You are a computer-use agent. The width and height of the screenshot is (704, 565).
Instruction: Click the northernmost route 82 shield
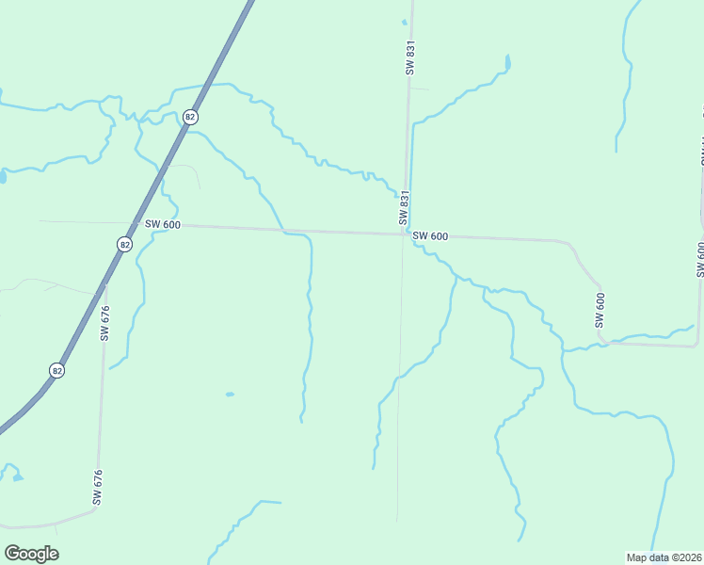coord(191,117)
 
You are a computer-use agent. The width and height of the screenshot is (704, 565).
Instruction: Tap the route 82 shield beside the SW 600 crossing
coord(125,244)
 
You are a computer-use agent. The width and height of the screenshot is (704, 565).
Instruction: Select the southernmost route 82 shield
coord(58,371)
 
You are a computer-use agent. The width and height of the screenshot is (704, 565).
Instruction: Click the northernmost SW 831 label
coord(410,57)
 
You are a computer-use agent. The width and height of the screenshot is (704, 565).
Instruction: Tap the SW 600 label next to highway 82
coord(162,225)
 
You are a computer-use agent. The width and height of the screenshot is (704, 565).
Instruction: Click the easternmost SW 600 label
coord(699,259)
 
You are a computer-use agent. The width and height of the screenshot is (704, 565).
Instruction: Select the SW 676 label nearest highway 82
coord(104,322)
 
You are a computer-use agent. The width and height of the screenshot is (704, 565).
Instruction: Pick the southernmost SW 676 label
coord(97,487)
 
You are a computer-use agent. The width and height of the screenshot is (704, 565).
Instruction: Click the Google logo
coord(31,554)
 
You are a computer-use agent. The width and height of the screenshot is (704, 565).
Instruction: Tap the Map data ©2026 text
coord(664,557)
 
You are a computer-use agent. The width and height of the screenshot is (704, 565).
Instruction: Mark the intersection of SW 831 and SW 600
coord(406,234)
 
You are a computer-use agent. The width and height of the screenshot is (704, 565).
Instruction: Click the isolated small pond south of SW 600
coord(230,395)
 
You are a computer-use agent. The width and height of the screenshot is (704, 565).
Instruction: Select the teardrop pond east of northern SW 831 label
coord(507,63)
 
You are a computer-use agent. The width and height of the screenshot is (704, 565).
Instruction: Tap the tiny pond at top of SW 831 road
coord(405,22)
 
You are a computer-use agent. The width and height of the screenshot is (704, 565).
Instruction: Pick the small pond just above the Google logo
coord(18,477)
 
